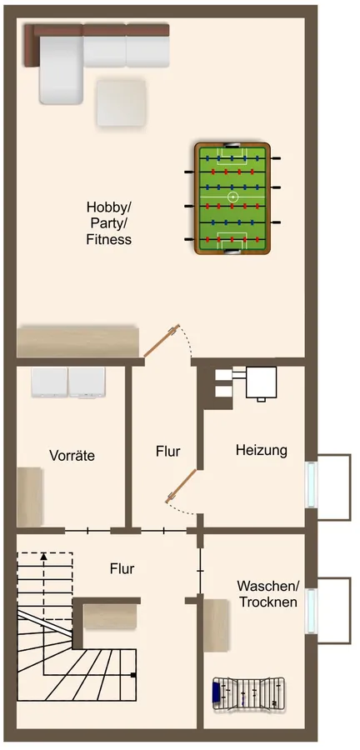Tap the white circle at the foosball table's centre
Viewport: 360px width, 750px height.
point(233,197)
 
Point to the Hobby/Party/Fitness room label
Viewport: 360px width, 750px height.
point(108,222)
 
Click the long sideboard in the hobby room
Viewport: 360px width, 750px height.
point(77,342)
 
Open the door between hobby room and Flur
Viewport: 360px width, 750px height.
point(159,343)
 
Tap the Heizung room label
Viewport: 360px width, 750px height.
point(261,450)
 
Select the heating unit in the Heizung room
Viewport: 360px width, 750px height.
point(260,382)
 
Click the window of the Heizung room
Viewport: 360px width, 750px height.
point(312,483)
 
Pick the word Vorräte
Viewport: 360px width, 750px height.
point(72,456)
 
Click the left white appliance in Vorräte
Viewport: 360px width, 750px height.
point(48,382)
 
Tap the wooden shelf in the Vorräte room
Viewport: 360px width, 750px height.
point(30,497)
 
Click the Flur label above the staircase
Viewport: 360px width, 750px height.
point(122,569)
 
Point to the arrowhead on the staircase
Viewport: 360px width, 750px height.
point(44,556)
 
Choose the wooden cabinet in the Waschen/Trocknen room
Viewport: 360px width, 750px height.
point(217,625)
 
